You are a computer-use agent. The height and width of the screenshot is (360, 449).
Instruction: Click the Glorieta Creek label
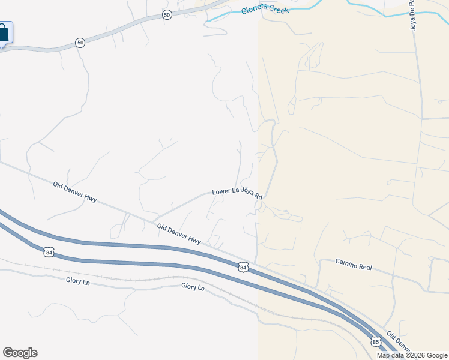[265, 10]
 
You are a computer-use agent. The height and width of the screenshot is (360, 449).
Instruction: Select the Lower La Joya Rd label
[238, 193]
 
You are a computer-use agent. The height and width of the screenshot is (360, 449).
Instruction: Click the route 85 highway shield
[376, 341]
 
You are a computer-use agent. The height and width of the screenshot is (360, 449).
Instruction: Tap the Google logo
[20, 353]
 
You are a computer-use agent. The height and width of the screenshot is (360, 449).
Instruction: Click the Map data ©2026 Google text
[412, 355]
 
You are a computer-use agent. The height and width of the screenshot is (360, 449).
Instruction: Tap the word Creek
[280, 10]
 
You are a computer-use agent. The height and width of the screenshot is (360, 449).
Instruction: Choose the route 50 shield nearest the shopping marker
[80, 43]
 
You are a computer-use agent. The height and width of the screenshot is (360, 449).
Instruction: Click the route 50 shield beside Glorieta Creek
[167, 15]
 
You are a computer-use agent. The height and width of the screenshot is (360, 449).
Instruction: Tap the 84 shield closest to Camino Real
[243, 266]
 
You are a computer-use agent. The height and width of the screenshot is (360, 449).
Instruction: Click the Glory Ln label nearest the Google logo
[78, 281]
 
